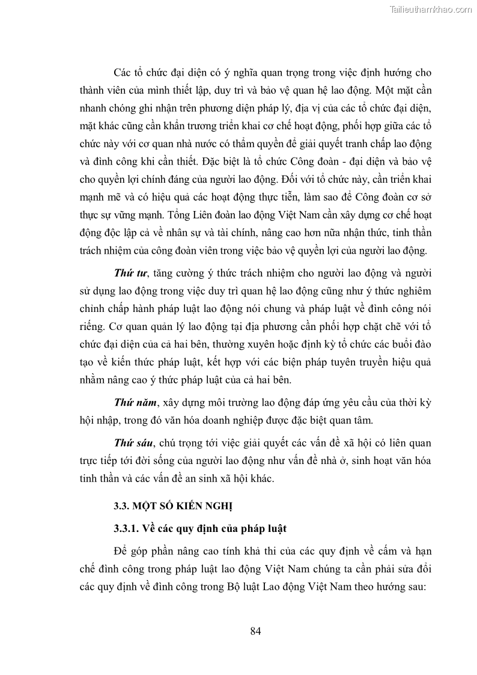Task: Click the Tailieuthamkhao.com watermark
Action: click(x=431, y=10)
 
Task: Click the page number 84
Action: click(x=255, y=631)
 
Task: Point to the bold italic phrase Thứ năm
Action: click(x=132, y=400)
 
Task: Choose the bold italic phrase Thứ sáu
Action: click(x=132, y=443)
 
